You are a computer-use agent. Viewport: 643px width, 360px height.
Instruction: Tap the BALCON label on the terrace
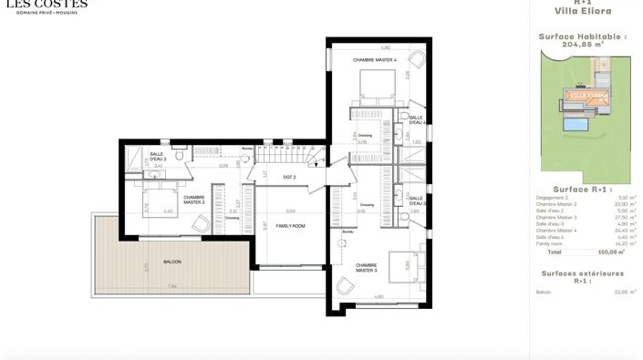pyautogui.click(x=172, y=262)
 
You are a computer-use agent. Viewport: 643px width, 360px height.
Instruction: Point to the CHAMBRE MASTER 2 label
pyautogui.click(x=194, y=200)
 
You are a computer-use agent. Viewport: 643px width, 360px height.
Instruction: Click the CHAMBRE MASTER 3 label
pyautogui.click(x=368, y=269)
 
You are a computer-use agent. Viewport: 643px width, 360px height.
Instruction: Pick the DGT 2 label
pyautogui.click(x=290, y=176)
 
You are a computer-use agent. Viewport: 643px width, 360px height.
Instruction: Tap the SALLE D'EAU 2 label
pyautogui.click(x=157, y=156)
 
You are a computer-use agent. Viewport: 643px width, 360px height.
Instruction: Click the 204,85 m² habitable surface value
pyautogui.click(x=584, y=42)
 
